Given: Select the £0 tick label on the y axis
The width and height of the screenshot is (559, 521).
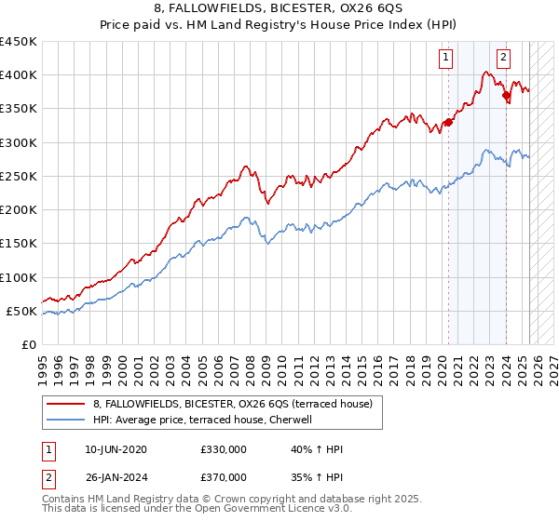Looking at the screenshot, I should click(30, 345).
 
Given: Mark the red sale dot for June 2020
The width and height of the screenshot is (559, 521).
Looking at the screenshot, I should click(448, 122).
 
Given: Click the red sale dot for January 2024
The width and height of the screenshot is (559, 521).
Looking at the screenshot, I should click(506, 95).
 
